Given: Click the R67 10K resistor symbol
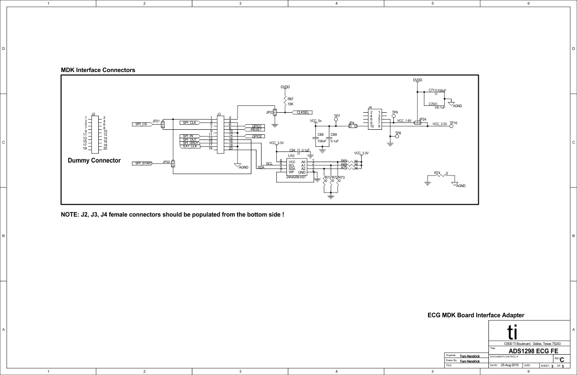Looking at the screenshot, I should coord(286,101).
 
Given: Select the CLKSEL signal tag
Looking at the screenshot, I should coord(303,112).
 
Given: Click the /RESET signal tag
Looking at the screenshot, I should coord(256,130).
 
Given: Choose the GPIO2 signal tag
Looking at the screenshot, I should coord(256,137).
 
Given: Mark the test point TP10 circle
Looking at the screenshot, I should coord(452,127).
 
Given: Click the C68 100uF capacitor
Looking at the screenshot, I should coord(316,138).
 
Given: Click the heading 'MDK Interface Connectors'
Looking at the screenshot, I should coord(98,70).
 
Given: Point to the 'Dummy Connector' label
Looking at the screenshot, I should coord(94,161).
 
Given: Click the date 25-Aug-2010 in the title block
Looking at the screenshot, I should coord(510,365).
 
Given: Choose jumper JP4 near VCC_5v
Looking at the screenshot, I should coord(353,125).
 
